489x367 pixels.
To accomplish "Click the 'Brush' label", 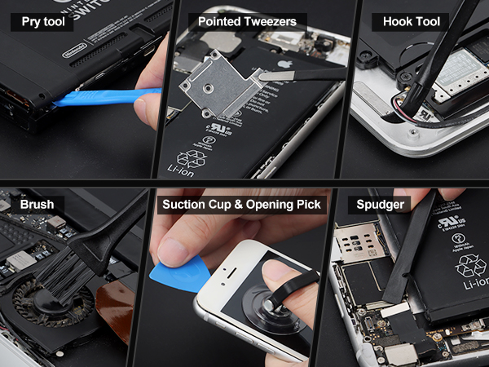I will [x=37, y=204].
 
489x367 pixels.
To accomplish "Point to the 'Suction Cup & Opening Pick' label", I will [x=241, y=204].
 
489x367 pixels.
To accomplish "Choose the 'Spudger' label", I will [x=381, y=204].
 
